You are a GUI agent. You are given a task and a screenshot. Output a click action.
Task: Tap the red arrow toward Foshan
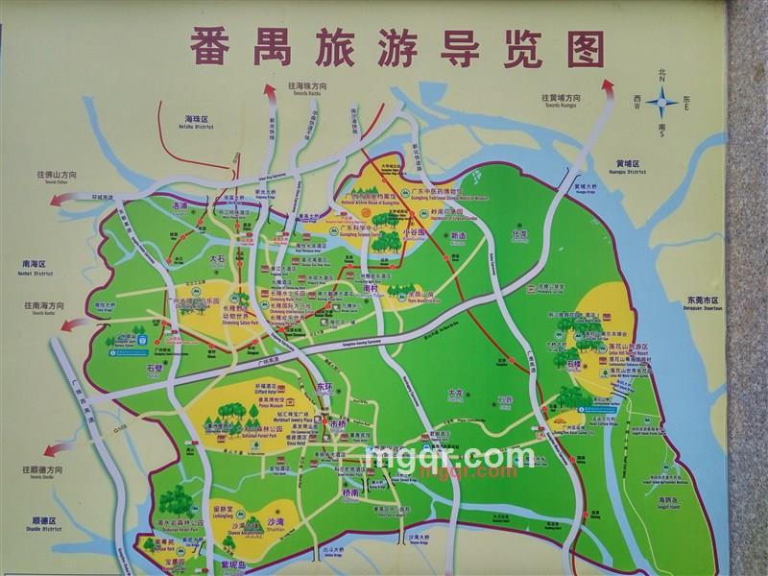pyautogui.click(x=63, y=199)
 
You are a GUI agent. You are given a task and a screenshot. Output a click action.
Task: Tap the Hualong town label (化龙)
pyautogui.click(x=520, y=233)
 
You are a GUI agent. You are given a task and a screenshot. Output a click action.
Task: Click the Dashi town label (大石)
pyautogui.click(x=218, y=259)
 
